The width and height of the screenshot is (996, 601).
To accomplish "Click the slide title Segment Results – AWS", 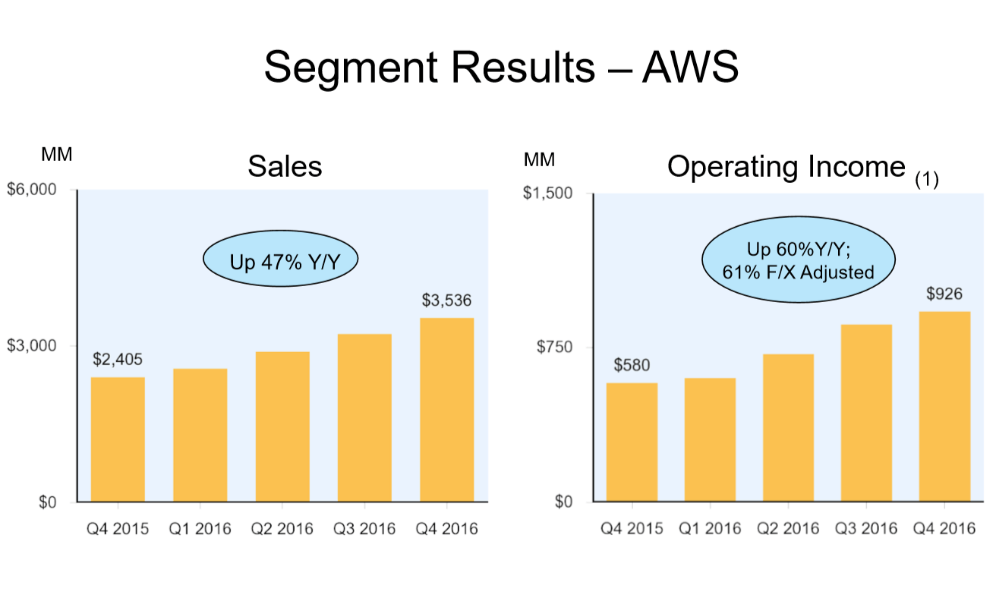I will [501, 67].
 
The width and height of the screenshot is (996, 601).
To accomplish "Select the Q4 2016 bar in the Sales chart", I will [446, 410].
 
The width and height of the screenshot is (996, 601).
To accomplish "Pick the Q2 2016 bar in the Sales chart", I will [282, 426].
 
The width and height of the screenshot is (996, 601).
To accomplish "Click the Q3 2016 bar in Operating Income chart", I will [866, 413].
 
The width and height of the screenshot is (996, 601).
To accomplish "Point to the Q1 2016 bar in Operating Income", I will [710, 439].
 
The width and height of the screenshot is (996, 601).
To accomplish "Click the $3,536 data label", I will [446, 300].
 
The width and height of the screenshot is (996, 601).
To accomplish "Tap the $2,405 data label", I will [118, 359].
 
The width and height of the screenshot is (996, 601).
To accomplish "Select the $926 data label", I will [944, 294].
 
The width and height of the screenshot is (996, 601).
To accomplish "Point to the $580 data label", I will [632, 365].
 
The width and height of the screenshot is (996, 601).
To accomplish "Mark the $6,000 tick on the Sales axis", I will [32, 190].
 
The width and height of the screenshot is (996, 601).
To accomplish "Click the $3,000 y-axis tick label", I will [32, 346].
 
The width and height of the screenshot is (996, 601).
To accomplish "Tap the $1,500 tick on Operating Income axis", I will [547, 193].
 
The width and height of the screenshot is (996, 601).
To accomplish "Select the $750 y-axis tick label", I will [553, 347].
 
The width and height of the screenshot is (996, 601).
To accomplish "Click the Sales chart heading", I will [285, 166].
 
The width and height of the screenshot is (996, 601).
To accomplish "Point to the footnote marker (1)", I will [927, 180].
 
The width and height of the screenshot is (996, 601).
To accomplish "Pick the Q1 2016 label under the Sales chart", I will [200, 529].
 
